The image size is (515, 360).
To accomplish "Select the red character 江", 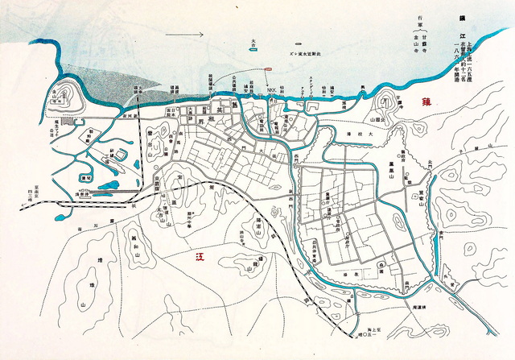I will pos(200,258).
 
